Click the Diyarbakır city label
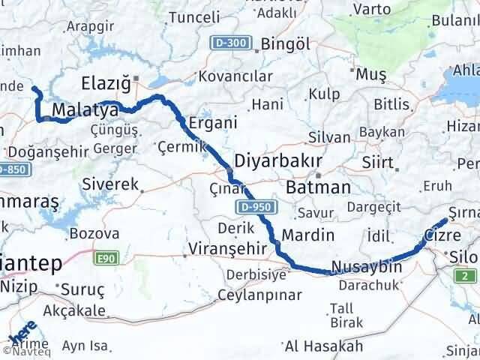point(278,162)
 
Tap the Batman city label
point(319,187)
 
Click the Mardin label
point(308,235)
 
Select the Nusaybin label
point(366,267)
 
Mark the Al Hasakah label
point(324,346)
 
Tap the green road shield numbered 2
point(465,276)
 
